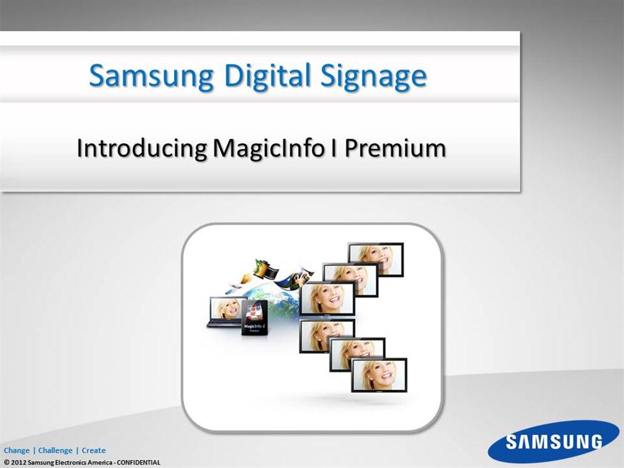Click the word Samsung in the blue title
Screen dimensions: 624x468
(x=151, y=76)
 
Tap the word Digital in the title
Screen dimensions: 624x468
(x=266, y=76)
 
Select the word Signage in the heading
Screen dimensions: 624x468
(x=374, y=76)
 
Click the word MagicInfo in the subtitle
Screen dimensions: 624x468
(x=268, y=148)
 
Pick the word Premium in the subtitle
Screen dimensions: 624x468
(x=395, y=148)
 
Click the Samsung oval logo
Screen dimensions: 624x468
(x=553, y=442)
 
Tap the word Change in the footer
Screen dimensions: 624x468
(x=17, y=451)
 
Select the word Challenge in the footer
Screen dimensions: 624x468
(x=56, y=451)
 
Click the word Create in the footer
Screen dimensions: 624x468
(x=94, y=451)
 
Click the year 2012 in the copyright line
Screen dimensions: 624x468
(x=19, y=462)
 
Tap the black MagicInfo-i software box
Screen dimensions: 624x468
(x=255, y=318)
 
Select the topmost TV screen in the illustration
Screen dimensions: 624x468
(x=376, y=259)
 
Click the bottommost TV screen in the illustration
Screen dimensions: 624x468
(x=379, y=375)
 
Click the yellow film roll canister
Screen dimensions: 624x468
(x=261, y=268)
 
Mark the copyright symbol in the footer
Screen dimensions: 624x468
(x=7, y=462)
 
